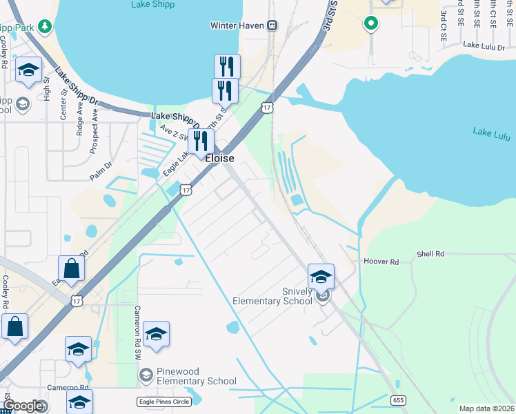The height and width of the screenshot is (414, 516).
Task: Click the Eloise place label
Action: coord(220,158)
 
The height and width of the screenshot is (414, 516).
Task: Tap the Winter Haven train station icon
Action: coord(272,26)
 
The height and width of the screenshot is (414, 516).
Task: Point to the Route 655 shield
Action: coord(398,400)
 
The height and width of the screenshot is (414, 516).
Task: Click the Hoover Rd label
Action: coord(381,262)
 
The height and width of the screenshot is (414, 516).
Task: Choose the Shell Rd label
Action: coord(430,254)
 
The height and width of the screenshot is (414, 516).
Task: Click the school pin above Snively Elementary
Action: coord(321,277)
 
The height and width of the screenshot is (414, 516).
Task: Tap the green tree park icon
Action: coord(45,26)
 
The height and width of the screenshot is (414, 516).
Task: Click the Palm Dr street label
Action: coord(100,170)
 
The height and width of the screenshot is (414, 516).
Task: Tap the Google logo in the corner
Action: coord(22,406)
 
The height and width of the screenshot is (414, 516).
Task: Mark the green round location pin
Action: coord(370,23)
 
